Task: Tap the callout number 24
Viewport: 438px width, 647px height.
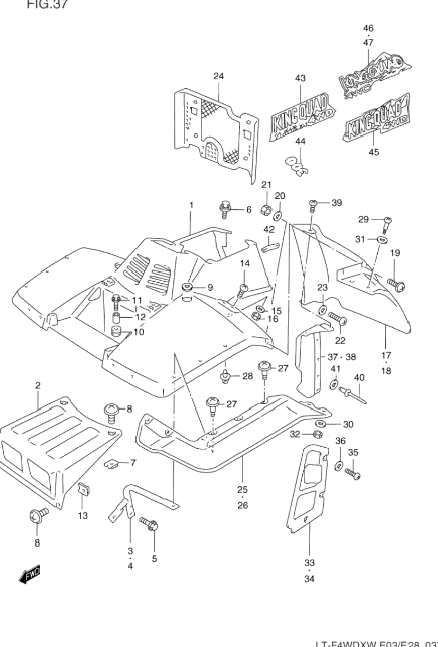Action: coord(218,76)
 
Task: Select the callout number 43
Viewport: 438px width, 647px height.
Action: coord(300,78)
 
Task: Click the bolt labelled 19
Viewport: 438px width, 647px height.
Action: coord(396,284)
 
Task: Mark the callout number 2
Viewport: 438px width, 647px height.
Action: coord(38,386)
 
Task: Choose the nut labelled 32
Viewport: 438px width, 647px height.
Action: coord(319,435)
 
